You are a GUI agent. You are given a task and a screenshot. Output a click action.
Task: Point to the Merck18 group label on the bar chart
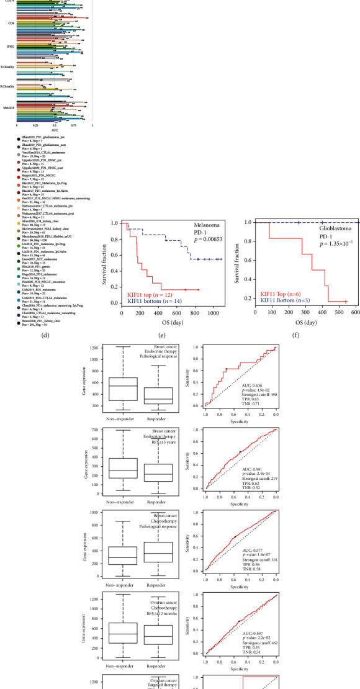[x=9, y=107]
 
